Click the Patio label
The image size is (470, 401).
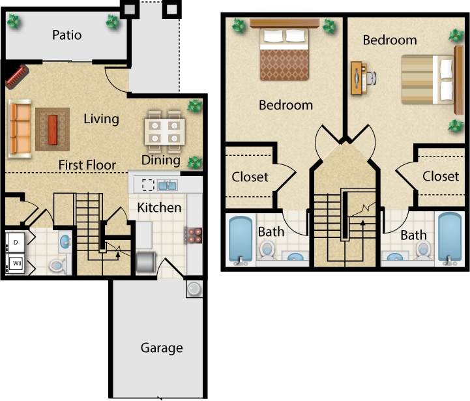pos(67,35)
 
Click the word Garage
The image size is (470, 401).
pos(162,348)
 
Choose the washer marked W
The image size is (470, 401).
pos(15,263)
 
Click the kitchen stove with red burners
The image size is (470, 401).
pos(194,235)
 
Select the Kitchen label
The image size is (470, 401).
pos(159,207)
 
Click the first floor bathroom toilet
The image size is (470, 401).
pos(57,264)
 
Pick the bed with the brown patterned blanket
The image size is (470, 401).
pos(284,54)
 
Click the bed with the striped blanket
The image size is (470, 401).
pos(427,80)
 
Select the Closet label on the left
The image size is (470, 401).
pos(250,177)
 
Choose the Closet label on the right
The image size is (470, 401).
pos(441,176)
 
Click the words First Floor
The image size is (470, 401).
pos(87,165)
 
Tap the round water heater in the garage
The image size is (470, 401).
pos(194,288)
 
